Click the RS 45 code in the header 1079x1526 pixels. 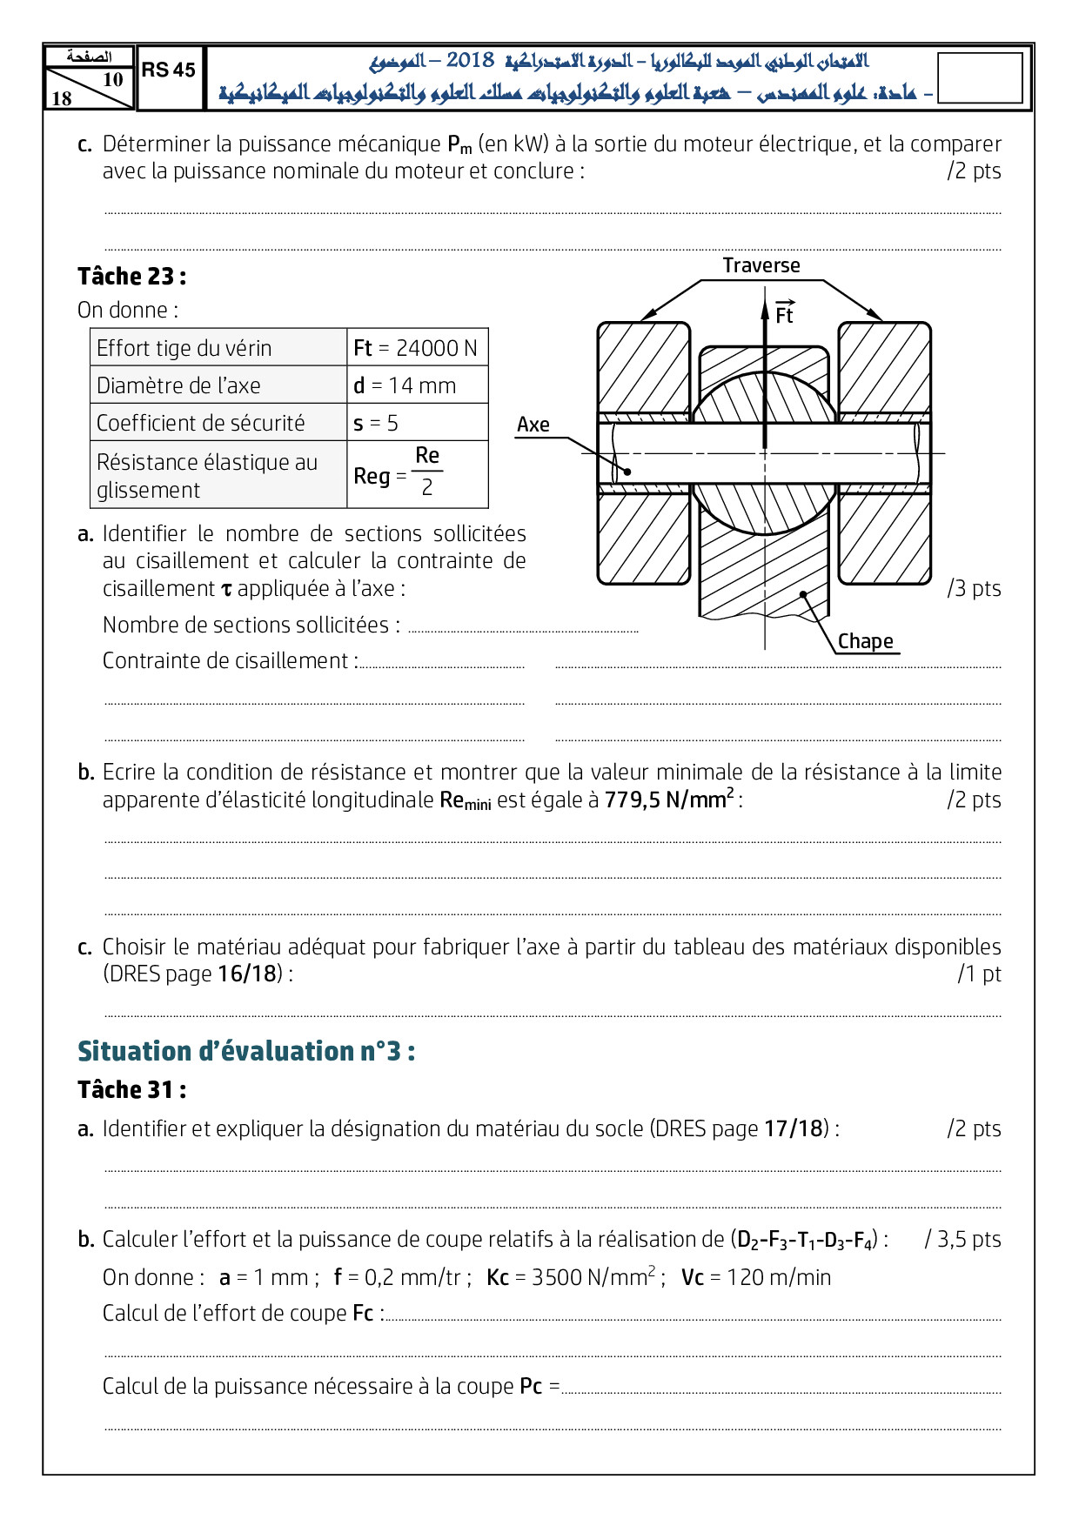[169, 70]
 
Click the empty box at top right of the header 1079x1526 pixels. [980, 78]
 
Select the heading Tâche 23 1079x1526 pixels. [131, 277]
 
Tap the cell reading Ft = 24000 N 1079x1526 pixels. [416, 348]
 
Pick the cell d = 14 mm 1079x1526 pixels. [416, 385]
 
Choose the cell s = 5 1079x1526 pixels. [416, 423]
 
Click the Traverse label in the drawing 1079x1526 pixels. [761, 265]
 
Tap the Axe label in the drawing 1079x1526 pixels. [533, 425]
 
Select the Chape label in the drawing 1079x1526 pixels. [865, 641]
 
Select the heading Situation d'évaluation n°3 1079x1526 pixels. [246, 1051]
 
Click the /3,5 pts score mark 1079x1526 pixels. [962, 1239]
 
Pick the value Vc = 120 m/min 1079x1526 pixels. [756, 1277]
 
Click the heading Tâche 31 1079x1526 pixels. [131, 1090]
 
